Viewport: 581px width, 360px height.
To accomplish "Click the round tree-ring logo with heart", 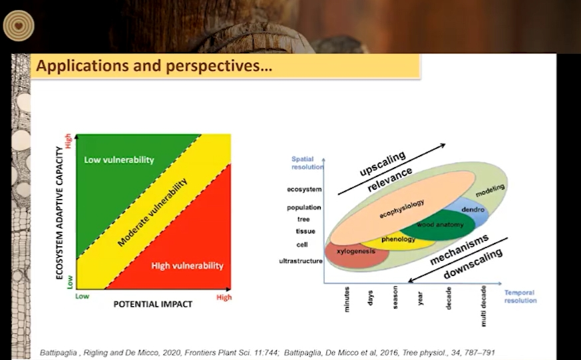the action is tap(19, 25).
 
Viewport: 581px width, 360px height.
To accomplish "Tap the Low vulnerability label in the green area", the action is tap(119, 160).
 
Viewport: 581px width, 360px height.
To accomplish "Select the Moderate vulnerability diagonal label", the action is tap(152, 212).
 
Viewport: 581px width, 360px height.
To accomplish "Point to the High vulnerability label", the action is tap(187, 266).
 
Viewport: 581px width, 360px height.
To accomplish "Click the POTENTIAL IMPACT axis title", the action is tap(152, 304).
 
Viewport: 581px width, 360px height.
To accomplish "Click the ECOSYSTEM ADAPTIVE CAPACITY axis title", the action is tap(59, 213).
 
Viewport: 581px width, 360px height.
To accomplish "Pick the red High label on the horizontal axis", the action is tap(224, 297).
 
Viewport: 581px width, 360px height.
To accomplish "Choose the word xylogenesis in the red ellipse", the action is tap(355, 251).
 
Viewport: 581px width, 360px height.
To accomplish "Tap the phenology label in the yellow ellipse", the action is tap(399, 240).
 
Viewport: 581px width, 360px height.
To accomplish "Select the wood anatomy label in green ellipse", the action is tap(440, 224).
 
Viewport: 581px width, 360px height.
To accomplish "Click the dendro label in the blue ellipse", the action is tap(473, 210).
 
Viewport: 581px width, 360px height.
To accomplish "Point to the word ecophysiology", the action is tap(402, 209).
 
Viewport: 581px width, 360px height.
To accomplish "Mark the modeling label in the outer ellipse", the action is tap(490, 190).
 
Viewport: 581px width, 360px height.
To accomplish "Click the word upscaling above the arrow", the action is tap(383, 164).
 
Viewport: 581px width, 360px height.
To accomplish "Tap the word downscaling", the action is tap(473, 264).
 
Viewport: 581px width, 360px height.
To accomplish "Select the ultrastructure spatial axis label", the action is tap(301, 261).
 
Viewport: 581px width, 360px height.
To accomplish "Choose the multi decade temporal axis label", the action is tap(483, 306).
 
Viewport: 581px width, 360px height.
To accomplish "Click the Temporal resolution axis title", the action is tap(520, 296).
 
